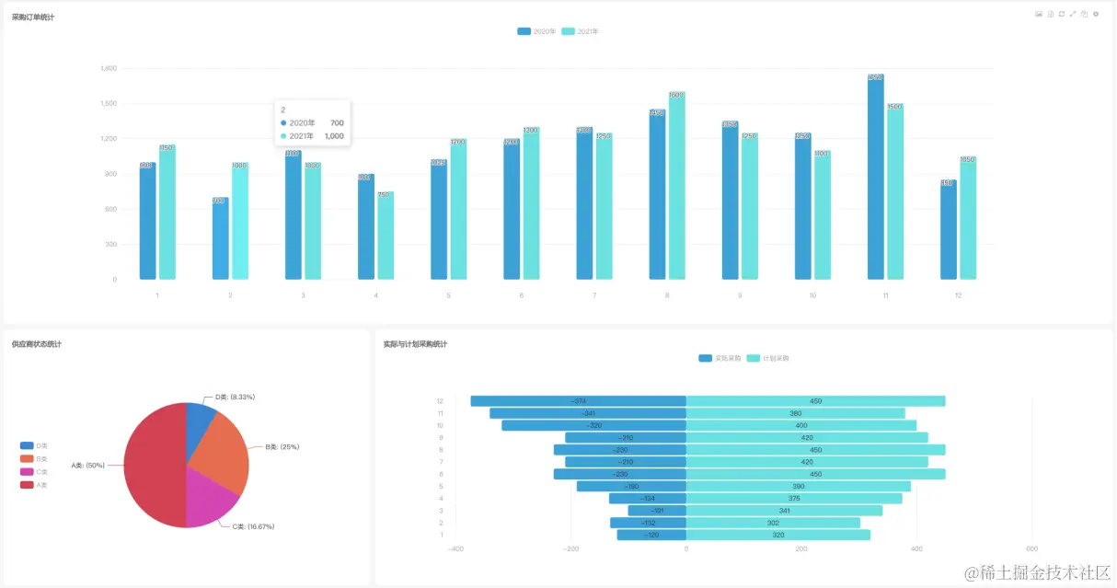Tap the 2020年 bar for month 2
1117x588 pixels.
pyautogui.click(x=220, y=239)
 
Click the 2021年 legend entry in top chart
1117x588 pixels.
pyautogui.click(x=581, y=31)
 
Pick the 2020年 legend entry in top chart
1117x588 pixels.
pyautogui.click(x=536, y=31)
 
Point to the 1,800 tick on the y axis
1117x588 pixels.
pyautogui.click(x=108, y=68)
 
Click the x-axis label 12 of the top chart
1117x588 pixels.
pyautogui.click(x=958, y=295)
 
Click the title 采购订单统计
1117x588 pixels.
pyautogui.click(x=33, y=17)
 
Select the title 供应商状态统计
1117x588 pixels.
pyautogui.click(x=37, y=344)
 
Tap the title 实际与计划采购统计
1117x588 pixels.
pyautogui.click(x=416, y=344)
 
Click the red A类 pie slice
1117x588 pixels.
pyautogui.click(x=152, y=465)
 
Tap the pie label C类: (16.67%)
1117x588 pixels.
pyautogui.click(x=253, y=526)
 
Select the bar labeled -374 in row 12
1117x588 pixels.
pyautogui.click(x=578, y=401)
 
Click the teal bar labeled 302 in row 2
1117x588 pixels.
pyautogui.click(x=773, y=523)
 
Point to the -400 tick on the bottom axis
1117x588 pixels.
pyautogui.click(x=455, y=548)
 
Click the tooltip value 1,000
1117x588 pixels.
pyautogui.click(x=334, y=136)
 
